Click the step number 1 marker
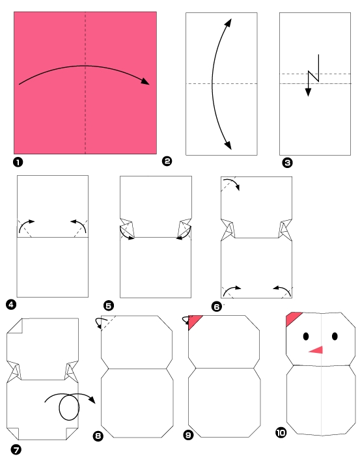click(x=18, y=162)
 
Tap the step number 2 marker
click(x=167, y=161)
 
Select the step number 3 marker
click(x=287, y=163)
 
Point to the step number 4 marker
click(x=11, y=305)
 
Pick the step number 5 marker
click(x=109, y=306)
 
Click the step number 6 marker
click(x=217, y=307)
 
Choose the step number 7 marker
click(x=16, y=449)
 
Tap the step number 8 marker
click(x=98, y=436)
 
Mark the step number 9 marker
click(x=188, y=435)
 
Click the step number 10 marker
click(x=281, y=432)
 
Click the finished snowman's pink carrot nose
click(x=316, y=350)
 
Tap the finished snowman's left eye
click(x=306, y=337)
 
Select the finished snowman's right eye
click(x=335, y=336)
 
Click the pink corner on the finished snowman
click(x=292, y=318)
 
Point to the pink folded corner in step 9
click(x=194, y=322)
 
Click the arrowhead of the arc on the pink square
click(x=145, y=81)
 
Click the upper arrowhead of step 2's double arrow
click(x=228, y=23)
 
